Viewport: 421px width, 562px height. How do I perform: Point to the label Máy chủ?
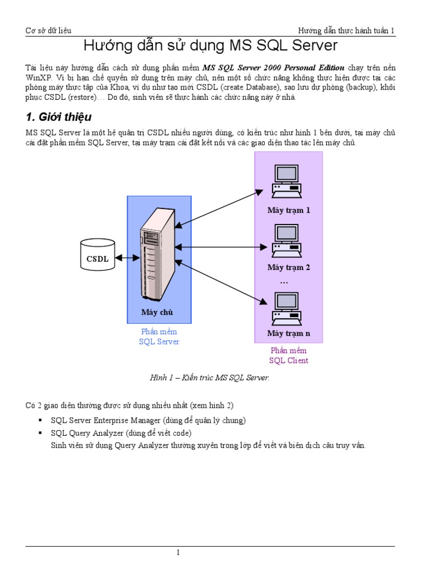point(157,312)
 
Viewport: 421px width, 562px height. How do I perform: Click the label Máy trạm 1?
point(288,210)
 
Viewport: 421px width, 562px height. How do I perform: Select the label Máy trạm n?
point(288,333)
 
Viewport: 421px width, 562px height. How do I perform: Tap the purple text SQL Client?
point(288,361)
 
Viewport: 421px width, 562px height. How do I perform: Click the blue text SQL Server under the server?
point(159,341)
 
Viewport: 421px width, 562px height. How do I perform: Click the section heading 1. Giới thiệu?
point(59,117)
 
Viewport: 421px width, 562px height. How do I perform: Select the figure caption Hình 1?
point(210,378)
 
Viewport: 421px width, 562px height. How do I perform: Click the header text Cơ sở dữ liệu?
point(49,31)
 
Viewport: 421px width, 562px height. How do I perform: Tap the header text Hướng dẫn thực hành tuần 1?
point(346,31)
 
